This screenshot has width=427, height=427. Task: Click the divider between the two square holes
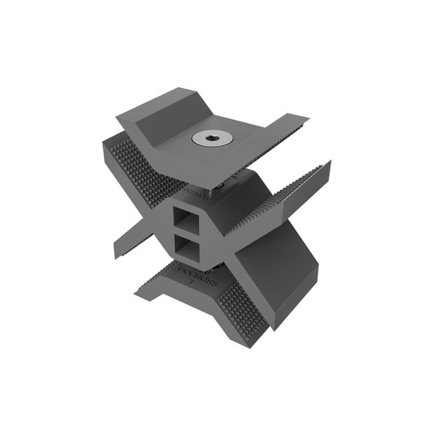click(x=185, y=234)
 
